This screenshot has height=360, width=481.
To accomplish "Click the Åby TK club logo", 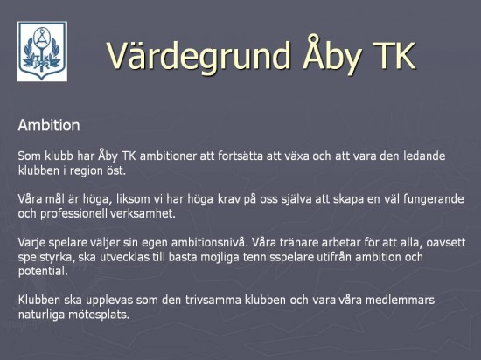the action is coord(42,52).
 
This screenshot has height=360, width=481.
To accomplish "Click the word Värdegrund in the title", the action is coord(199,56).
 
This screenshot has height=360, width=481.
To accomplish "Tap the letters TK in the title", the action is coord(394,55).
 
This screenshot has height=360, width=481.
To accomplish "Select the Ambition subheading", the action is coord(49,125).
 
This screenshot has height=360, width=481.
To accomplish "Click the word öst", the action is coord(116,170).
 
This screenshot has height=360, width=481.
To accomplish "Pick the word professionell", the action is coord(73,214).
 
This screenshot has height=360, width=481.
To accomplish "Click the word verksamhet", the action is coord(143,213).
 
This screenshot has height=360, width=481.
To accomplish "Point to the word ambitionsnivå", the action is coord(209,242).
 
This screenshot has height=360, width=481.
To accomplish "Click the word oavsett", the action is coord(446,242).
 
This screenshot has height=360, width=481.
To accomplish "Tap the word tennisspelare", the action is coord(278,257).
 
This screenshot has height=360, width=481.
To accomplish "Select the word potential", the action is coord(43,271).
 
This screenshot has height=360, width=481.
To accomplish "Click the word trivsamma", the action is coord(213,300).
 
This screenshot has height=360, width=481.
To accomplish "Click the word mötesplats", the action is coord(99,315).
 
